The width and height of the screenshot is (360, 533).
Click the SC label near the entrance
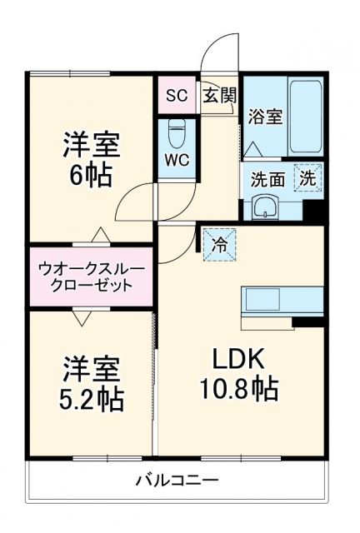click(175, 95)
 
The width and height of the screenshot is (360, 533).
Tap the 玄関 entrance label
click(219, 95)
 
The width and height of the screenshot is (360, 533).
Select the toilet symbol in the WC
click(176, 132)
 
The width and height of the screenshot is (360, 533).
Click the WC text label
click(175, 158)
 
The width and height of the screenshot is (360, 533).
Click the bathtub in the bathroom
click(304, 117)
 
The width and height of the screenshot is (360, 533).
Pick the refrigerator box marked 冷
click(219, 245)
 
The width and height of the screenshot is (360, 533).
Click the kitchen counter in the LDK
click(282, 301)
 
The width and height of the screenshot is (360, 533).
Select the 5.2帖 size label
click(92, 398)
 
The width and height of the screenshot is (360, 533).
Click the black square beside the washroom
click(313, 211)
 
